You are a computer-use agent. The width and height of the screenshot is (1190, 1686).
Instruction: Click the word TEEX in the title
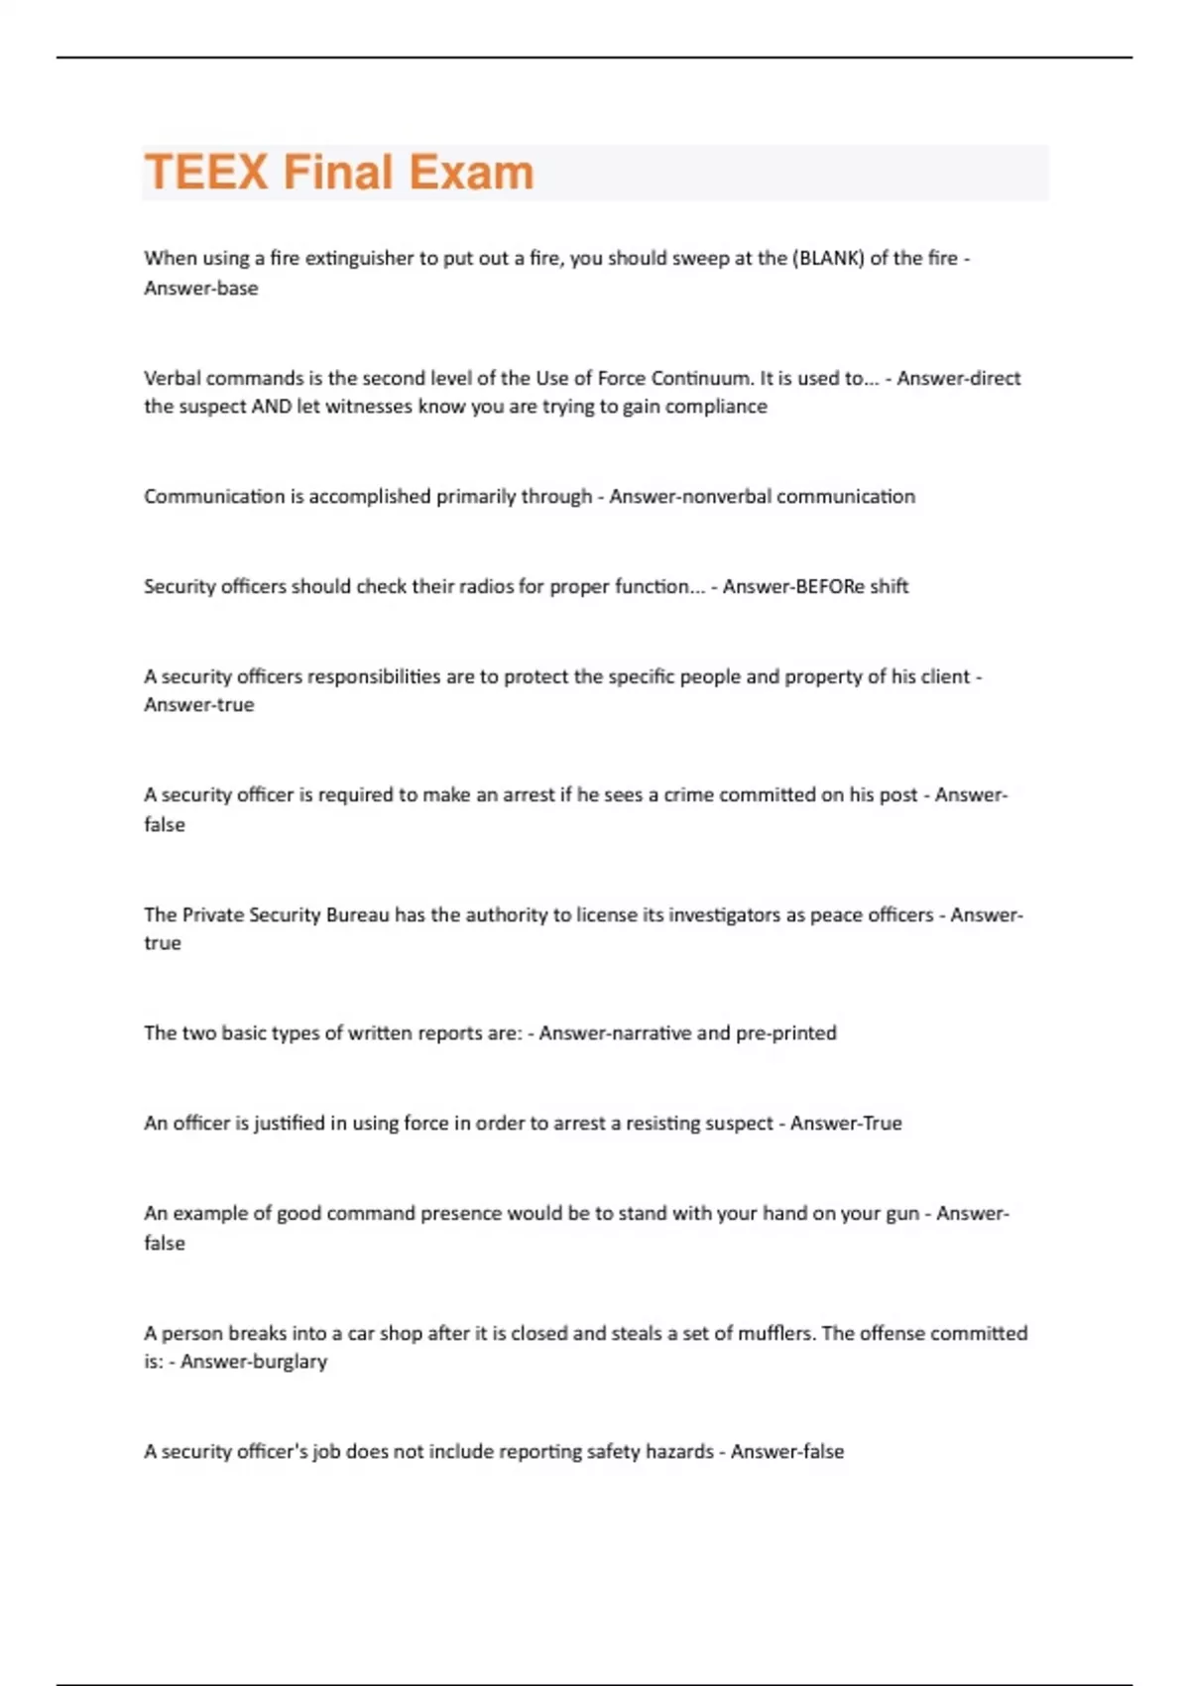point(206,173)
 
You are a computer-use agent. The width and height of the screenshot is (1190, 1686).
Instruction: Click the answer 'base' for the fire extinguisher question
point(237,289)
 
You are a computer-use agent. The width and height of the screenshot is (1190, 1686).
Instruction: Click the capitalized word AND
point(272,407)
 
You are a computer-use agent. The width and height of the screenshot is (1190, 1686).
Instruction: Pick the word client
point(944,676)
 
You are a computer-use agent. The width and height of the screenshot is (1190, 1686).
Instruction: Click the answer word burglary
point(288,1362)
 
